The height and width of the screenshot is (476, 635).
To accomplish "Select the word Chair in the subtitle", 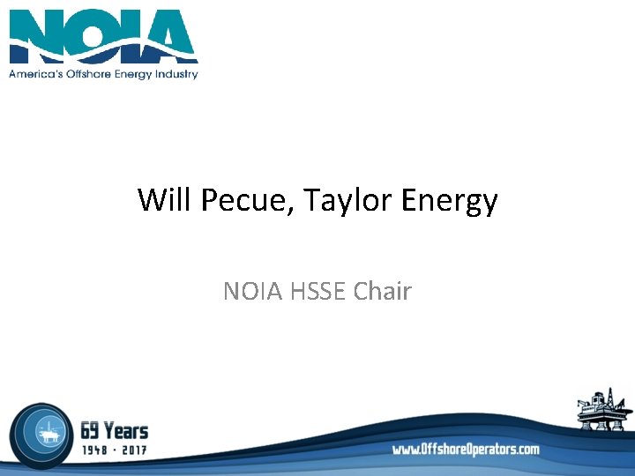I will tap(382, 291).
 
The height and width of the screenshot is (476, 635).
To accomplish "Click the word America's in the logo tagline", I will tap(35, 74).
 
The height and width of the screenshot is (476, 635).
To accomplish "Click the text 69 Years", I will tap(114, 430).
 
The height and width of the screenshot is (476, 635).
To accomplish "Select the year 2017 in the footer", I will tap(135, 450).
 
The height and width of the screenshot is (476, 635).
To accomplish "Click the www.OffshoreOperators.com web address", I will tap(466, 450).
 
